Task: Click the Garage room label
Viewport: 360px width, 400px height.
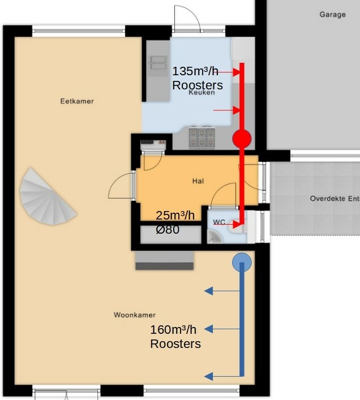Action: coord(332,15)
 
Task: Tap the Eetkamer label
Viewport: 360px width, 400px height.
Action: coord(77,101)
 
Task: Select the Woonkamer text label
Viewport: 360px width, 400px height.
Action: coord(135,315)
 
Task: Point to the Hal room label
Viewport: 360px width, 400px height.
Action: coord(198,181)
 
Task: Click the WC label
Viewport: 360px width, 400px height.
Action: coord(219,222)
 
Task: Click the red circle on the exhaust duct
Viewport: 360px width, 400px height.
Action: coord(242,139)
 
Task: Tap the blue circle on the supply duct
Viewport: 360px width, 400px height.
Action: coord(242,263)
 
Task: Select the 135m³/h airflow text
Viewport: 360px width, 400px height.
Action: coord(195,71)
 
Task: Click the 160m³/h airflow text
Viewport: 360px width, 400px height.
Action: coord(173,330)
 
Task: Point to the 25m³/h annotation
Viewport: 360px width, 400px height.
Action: coord(175,216)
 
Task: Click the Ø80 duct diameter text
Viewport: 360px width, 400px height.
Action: coord(168,230)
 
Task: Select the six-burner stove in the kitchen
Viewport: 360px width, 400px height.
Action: coord(202,138)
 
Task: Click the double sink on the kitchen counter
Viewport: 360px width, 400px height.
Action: coord(158,63)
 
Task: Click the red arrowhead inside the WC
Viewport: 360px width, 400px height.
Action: coord(236,225)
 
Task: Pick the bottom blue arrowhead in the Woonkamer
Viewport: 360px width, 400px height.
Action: coord(209,376)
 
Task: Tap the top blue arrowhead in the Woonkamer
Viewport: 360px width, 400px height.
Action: coord(209,291)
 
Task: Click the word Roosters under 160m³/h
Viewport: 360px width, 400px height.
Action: coord(175,344)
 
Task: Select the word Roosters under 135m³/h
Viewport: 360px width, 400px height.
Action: coord(198,85)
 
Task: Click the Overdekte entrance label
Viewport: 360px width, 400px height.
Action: coord(335,199)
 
